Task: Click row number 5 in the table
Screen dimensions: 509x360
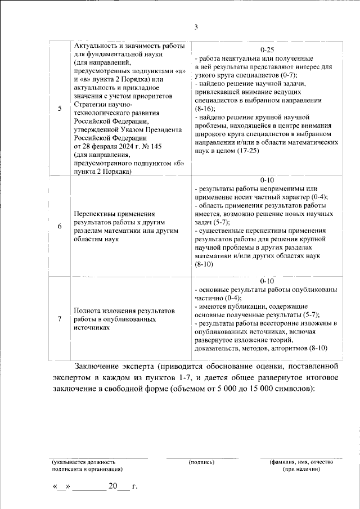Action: tap(60, 109)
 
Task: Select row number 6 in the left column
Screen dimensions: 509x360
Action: tap(60, 226)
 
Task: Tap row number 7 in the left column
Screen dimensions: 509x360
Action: tap(60, 319)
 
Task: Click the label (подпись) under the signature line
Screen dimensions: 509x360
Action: tap(201, 462)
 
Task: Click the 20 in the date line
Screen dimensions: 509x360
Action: tap(114, 485)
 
